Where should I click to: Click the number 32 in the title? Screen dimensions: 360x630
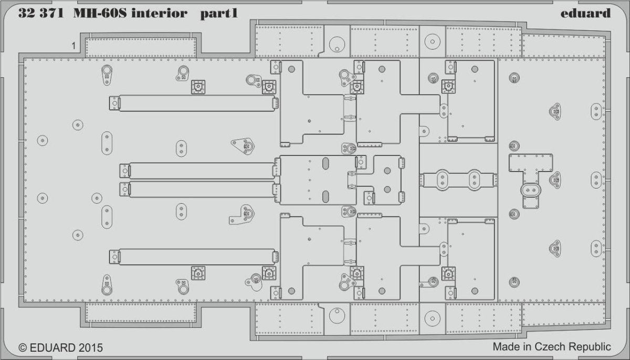(x=26, y=14)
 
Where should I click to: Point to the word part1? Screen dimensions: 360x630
(x=218, y=14)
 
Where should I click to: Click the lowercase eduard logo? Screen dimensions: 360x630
(x=584, y=13)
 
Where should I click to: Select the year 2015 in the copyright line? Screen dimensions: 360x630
(x=90, y=347)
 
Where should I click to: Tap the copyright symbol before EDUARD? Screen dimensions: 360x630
(x=23, y=347)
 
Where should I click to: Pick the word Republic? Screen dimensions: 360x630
(x=590, y=347)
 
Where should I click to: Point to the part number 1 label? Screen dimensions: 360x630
(x=74, y=46)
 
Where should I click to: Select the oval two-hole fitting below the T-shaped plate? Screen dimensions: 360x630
(x=530, y=190)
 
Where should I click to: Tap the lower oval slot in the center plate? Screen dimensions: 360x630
(x=325, y=196)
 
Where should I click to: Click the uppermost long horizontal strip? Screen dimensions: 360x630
(x=195, y=102)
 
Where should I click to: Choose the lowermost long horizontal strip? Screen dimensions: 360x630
(x=195, y=257)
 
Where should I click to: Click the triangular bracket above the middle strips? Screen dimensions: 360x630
(x=243, y=145)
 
